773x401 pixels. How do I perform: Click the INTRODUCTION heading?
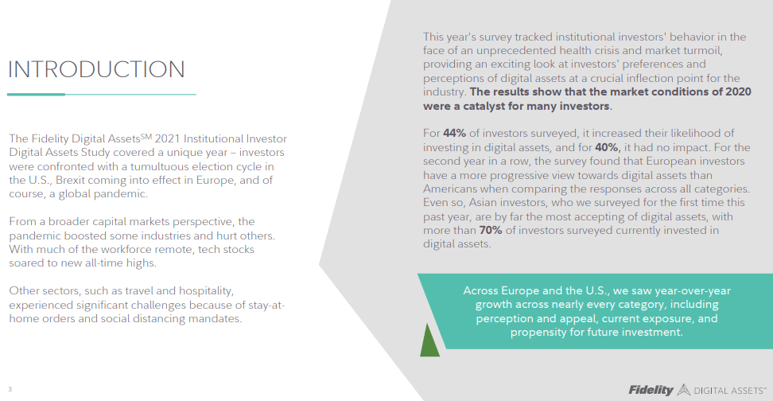point(96,69)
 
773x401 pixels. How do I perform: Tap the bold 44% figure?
point(454,133)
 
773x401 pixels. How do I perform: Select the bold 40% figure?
point(607,147)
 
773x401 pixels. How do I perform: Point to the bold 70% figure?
point(491,231)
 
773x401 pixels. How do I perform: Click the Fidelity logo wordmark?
point(651,390)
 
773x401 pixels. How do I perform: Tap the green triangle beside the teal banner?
point(429,340)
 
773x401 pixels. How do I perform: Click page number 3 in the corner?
point(10,389)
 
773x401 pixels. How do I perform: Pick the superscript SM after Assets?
point(146,135)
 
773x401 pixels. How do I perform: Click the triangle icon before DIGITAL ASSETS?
point(683,390)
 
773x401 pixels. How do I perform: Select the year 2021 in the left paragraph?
point(168,138)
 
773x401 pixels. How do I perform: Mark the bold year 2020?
point(738,91)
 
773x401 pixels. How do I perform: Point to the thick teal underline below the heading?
point(36,94)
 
